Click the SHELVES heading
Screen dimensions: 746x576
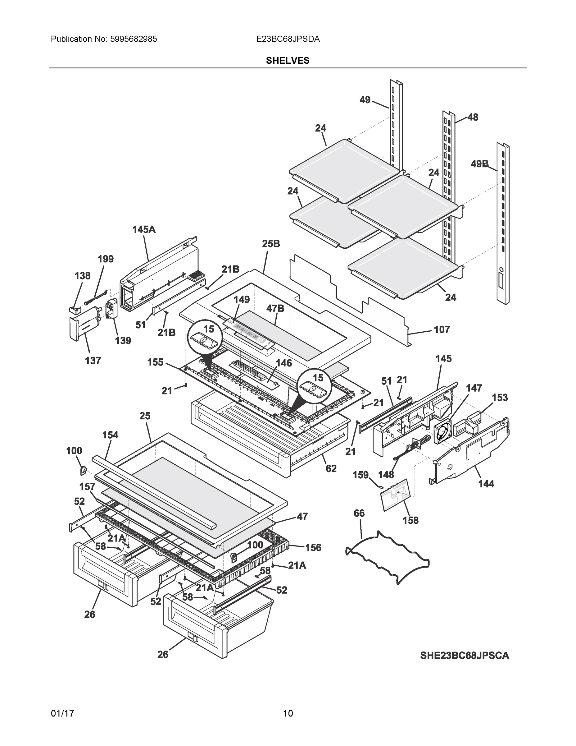click(x=287, y=61)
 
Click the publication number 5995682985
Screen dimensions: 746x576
click(x=134, y=39)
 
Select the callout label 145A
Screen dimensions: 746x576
click(x=144, y=229)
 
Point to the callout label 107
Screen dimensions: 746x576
click(x=442, y=329)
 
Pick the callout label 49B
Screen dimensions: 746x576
click(x=479, y=164)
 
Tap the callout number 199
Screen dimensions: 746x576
click(x=106, y=259)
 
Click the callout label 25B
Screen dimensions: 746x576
click(x=271, y=244)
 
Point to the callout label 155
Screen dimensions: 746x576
click(x=155, y=362)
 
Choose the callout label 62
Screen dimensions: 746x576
click(x=331, y=469)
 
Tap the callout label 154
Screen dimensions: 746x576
click(x=110, y=435)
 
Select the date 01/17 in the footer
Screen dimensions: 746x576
click(x=62, y=713)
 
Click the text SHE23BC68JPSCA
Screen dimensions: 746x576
click(x=465, y=656)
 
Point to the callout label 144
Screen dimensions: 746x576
click(x=486, y=484)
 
